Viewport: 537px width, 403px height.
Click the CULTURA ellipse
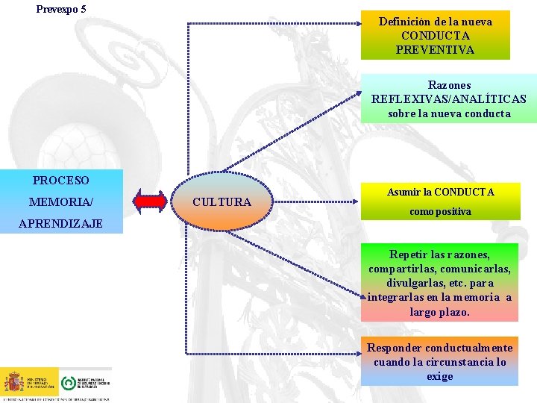(222, 201)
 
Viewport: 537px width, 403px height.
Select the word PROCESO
(61, 181)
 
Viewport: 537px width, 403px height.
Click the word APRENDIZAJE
(61, 223)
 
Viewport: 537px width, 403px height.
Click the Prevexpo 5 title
(61, 9)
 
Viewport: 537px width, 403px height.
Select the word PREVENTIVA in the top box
(435, 50)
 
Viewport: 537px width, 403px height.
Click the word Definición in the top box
(404, 22)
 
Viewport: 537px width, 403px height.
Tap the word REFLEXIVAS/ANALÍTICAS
(448, 99)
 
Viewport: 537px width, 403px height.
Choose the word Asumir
(403, 192)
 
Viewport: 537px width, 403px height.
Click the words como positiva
(440, 211)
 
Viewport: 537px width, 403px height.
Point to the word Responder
(393, 348)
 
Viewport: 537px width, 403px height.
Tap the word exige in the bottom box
(440, 376)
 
